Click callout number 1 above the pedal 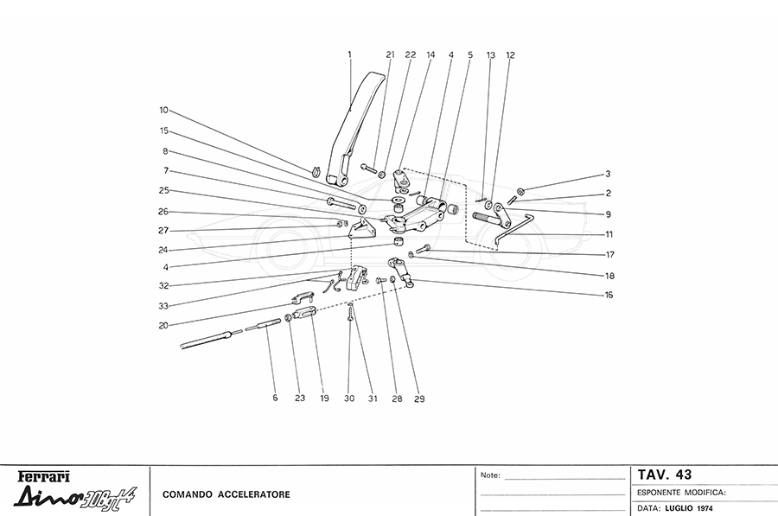pos(349,54)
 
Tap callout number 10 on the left pos(163,111)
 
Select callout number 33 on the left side pos(163,305)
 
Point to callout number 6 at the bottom pos(275,398)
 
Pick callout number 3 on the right pos(608,173)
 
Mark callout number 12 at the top pos(510,54)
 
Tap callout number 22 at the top pos(410,54)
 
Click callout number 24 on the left pos(163,250)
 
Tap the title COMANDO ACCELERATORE pos(226,494)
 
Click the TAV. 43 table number pos(664,475)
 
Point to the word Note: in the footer pos(489,475)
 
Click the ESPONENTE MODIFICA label pos(680,491)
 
